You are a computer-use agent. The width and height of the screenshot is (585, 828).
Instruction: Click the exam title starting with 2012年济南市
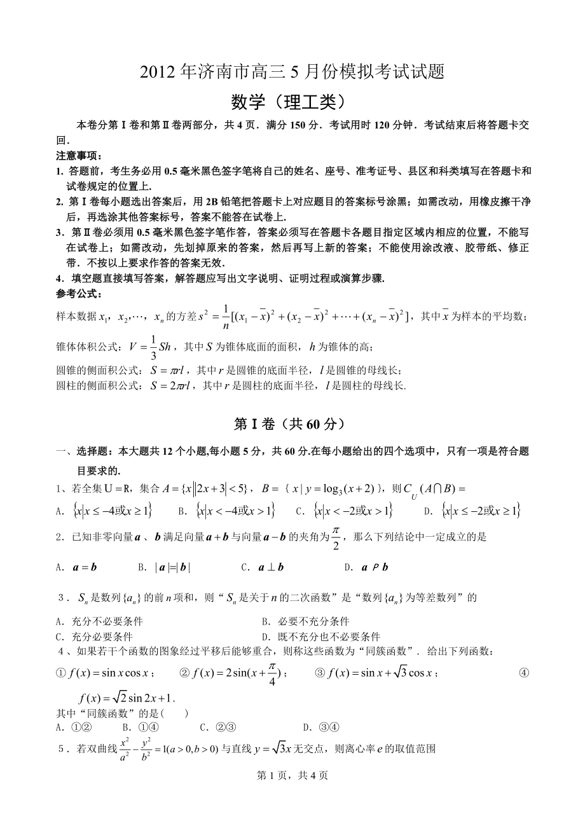tap(292, 73)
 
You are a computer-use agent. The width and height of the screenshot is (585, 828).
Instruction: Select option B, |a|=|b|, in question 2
tap(164, 567)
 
